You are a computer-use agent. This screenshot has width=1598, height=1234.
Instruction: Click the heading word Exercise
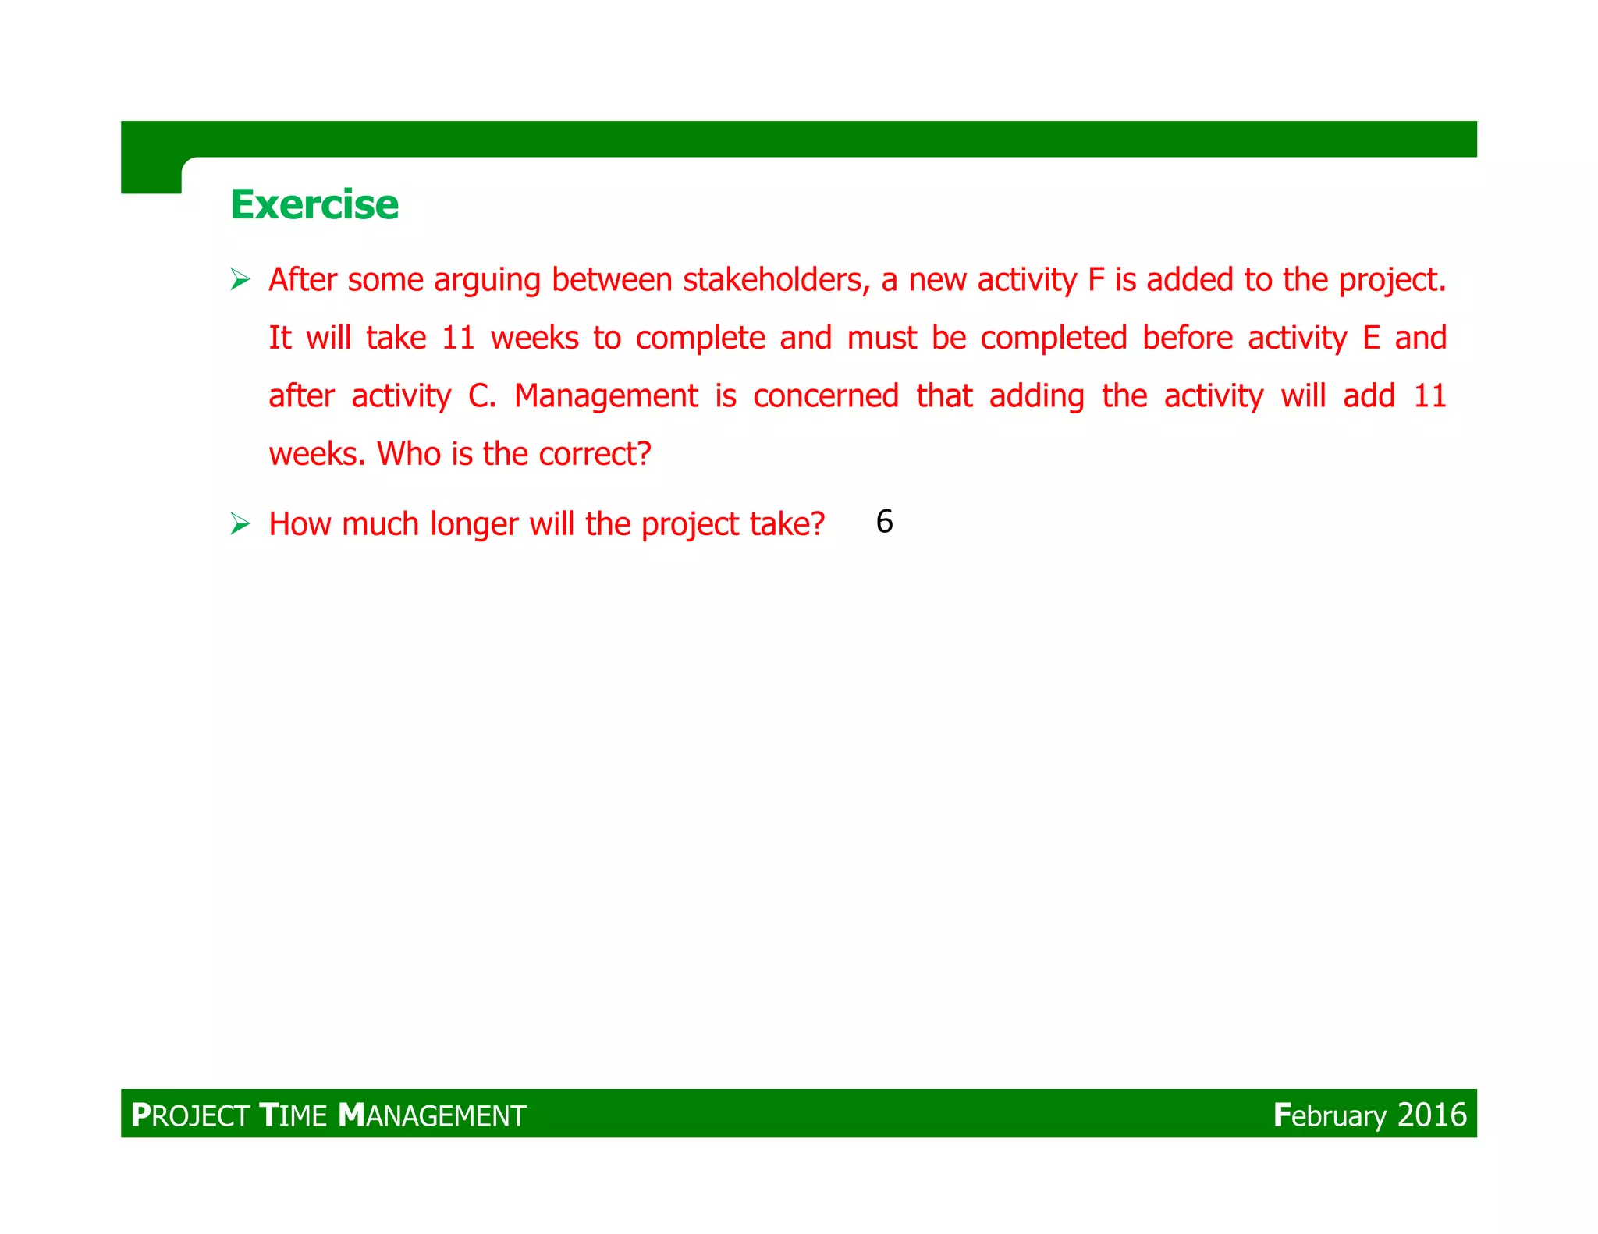(314, 205)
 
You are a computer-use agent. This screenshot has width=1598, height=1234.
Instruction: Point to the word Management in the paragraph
(605, 396)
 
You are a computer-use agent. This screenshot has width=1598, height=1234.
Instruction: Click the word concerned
(826, 396)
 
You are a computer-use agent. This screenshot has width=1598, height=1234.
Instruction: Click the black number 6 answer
(884, 522)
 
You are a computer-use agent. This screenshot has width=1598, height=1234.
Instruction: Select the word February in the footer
(1330, 1115)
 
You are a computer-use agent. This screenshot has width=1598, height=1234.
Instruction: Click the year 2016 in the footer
(1432, 1115)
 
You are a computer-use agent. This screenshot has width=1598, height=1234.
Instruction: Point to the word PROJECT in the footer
(190, 1115)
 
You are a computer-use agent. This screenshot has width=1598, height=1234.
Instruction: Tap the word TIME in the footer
(293, 1115)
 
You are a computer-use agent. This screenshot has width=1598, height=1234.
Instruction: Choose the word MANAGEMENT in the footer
(432, 1115)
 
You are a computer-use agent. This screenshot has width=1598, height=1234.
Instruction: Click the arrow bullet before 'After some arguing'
(240, 279)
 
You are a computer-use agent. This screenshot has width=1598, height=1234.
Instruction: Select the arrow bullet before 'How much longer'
(240, 524)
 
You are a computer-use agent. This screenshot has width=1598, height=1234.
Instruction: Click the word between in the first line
(612, 280)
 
